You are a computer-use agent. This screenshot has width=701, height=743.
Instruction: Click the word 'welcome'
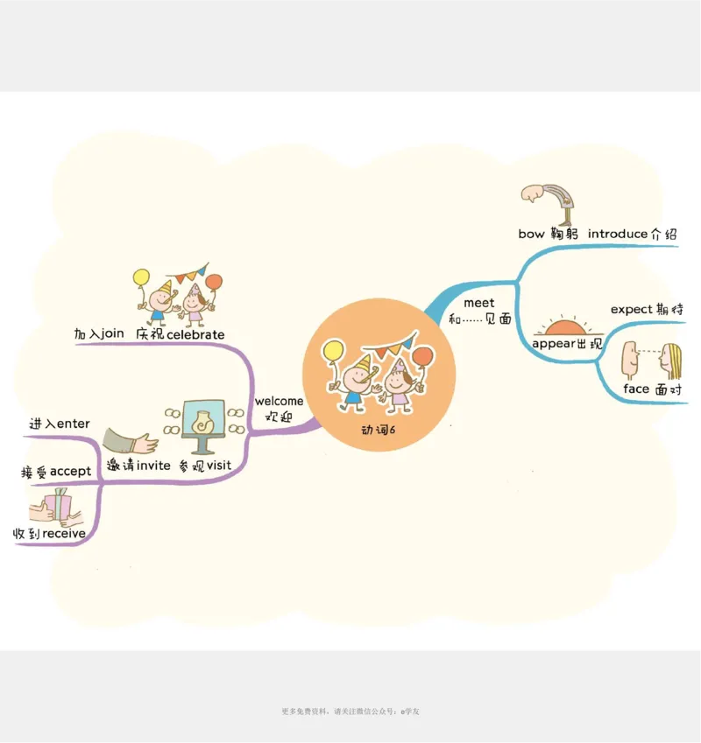pyautogui.click(x=279, y=402)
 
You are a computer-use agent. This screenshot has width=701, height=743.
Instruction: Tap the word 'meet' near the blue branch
pyautogui.click(x=478, y=303)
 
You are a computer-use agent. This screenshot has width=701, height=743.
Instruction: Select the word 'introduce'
pyautogui.click(x=618, y=235)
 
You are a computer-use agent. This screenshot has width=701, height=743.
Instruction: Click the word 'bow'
pyautogui.click(x=531, y=235)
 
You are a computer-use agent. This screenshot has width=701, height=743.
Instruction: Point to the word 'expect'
pyautogui.click(x=632, y=310)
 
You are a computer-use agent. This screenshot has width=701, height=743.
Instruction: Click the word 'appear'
pyautogui.click(x=554, y=344)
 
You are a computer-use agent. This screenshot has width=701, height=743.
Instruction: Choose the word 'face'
pyautogui.click(x=636, y=389)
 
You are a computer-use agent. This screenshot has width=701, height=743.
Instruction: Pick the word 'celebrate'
pyautogui.click(x=195, y=335)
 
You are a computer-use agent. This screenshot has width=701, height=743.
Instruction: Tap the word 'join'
pyautogui.click(x=112, y=334)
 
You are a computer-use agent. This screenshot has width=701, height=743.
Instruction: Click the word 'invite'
pyautogui.click(x=153, y=466)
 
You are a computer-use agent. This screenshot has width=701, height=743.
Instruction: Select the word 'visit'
pyautogui.click(x=219, y=466)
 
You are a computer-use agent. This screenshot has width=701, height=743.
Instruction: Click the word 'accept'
pyautogui.click(x=70, y=473)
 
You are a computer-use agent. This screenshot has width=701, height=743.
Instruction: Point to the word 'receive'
pyautogui.click(x=64, y=534)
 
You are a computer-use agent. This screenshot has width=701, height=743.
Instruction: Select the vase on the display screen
pyautogui.click(x=204, y=422)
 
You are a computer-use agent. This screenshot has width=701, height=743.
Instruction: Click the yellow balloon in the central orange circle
pyautogui.click(x=332, y=351)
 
